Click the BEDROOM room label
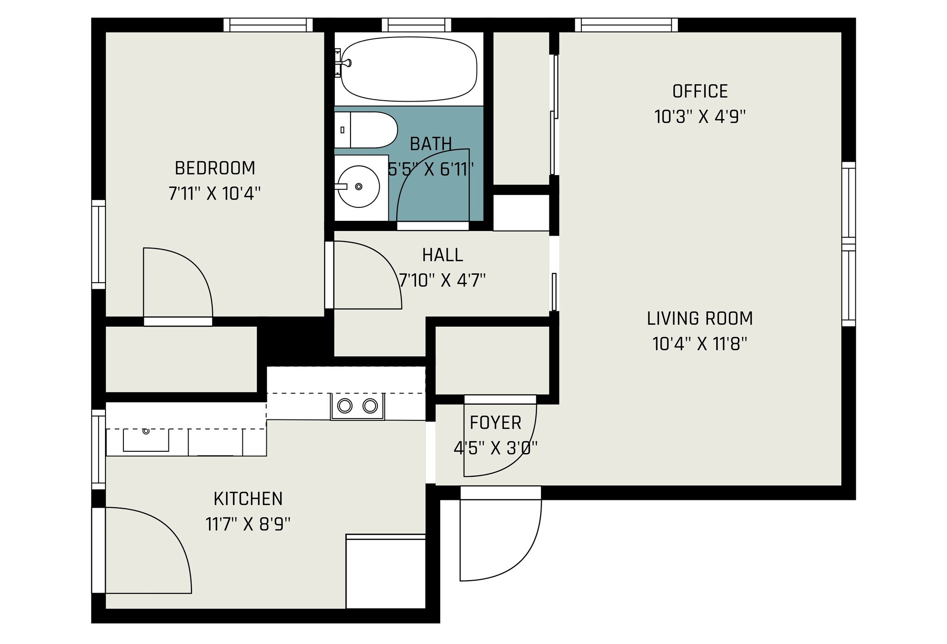pos(215,168)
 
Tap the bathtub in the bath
pos(409,69)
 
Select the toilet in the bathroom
pos(366,130)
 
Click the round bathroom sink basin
pos(358,187)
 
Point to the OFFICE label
pos(700,91)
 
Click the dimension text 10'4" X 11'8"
pos(700,344)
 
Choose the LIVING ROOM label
pos(700,318)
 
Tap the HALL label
pos(443,255)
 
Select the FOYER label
pos(496,423)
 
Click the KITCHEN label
pos(248,499)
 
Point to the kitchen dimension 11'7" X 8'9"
pos(248,524)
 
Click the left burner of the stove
pos(344,406)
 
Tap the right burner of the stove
pos(370,406)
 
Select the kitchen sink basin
pos(146,440)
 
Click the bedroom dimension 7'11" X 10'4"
pos(215,194)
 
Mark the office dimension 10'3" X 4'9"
pos(700,117)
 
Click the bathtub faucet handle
pos(346,62)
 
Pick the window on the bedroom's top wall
pos(268,25)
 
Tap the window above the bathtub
pos(417,25)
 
